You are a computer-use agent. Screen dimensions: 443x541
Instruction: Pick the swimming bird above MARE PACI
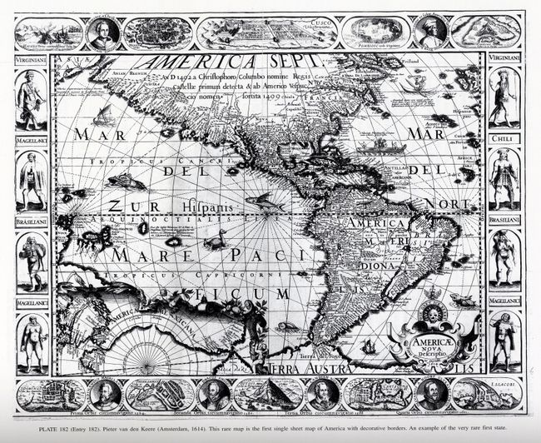tap(217, 241)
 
